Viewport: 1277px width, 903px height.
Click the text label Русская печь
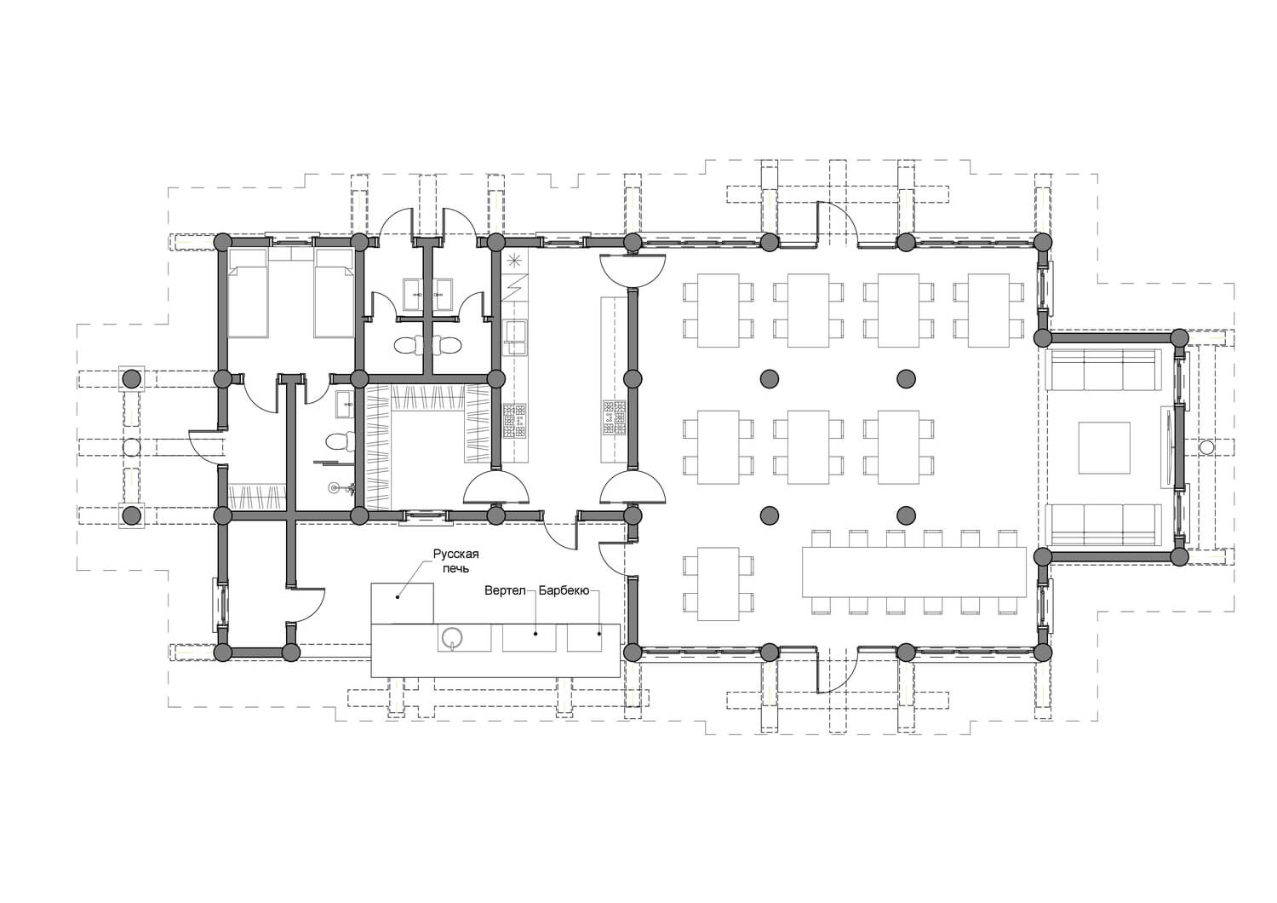click(455, 561)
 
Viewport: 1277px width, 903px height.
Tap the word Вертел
click(505, 590)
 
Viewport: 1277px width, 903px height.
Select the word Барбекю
click(564, 590)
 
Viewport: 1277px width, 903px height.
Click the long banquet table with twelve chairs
click(913, 572)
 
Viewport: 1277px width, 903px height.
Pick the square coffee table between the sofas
click(1103, 448)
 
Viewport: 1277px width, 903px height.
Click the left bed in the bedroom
click(248, 293)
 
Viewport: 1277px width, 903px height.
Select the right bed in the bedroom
click(334, 293)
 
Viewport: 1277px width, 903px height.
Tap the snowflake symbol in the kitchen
click(515, 261)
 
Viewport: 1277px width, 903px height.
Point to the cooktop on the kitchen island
click(614, 417)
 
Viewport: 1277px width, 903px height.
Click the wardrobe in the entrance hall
click(257, 497)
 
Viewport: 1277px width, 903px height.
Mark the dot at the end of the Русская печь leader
click(398, 597)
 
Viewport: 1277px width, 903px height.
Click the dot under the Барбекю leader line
click(599, 633)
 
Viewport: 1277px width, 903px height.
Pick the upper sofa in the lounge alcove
click(1103, 370)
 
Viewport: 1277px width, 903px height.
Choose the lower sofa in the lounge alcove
click(1103, 525)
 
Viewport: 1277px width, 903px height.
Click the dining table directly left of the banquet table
click(719, 584)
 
